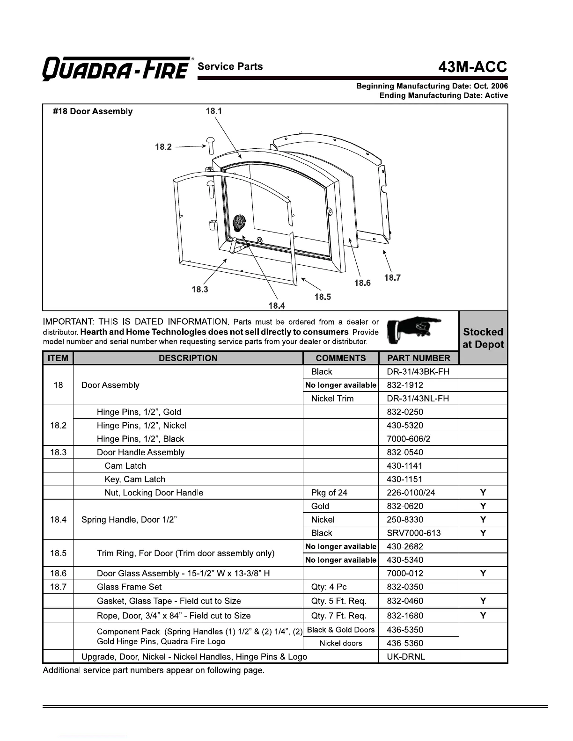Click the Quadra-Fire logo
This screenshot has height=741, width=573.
coord(117,69)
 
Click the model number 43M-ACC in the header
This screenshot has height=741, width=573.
coord(472,67)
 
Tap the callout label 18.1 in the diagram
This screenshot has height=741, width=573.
coord(214,111)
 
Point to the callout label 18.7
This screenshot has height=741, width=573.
coord(392,278)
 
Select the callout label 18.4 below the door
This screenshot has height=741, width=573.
coord(277,306)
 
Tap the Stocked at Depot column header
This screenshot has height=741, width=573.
coord(483,338)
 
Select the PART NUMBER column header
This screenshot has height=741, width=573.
coord(419,358)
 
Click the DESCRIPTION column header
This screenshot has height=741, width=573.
coord(188,358)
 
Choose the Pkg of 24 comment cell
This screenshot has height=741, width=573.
coord(329,493)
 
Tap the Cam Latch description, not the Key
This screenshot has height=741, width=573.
coord(125,466)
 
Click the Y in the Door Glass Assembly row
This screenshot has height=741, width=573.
coord(483,574)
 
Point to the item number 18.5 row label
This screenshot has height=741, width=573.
coord(58,553)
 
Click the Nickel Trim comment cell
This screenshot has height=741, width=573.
coord(332,399)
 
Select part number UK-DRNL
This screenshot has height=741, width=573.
coord(406,657)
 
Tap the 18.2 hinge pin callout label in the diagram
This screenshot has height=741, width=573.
coord(163,147)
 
